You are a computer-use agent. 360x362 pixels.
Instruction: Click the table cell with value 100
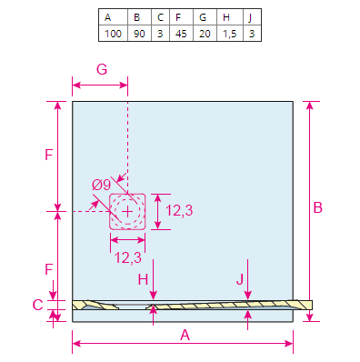tap(113, 34)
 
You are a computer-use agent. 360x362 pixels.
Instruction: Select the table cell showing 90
tap(139, 34)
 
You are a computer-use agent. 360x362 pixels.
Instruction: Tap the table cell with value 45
tap(181, 34)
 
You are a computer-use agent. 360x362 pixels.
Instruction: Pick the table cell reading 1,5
tap(230, 34)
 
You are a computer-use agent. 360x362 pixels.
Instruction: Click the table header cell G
tap(205, 17)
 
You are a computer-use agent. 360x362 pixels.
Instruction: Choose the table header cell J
tap(252, 17)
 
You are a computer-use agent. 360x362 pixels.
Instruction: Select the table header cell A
tap(113, 17)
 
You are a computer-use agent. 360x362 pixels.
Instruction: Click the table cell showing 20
tap(205, 34)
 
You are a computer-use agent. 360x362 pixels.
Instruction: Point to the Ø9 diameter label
tap(102, 185)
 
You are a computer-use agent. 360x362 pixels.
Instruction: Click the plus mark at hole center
tap(127, 212)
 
